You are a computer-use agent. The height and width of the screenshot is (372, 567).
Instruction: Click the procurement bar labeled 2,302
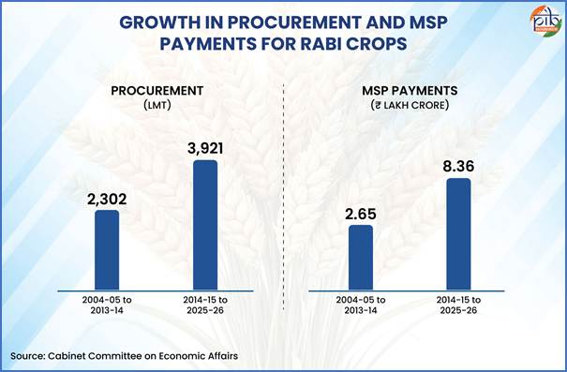(107, 250)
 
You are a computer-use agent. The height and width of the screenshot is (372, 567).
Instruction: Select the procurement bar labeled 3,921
(205, 225)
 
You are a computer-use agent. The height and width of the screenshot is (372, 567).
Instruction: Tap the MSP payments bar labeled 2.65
(361, 258)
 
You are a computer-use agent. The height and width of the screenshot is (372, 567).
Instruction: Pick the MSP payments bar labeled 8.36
(459, 234)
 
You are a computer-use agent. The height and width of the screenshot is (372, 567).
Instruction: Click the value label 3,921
(205, 149)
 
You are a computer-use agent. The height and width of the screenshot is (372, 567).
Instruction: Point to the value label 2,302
(107, 200)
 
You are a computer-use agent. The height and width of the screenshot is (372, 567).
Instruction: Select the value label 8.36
(459, 167)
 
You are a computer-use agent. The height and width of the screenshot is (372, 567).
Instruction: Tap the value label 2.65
(361, 214)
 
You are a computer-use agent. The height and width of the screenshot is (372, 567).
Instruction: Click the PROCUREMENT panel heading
(157, 91)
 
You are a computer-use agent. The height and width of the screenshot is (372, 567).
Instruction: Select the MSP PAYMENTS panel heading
(410, 91)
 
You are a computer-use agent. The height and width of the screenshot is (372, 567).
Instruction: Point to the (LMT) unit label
(157, 106)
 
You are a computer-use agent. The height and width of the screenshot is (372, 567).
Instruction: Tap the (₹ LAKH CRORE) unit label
(410, 106)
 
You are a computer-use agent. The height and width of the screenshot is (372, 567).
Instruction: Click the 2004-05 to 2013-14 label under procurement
(107, 305)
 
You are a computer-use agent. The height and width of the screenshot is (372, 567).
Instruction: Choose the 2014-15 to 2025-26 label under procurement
(205, 305)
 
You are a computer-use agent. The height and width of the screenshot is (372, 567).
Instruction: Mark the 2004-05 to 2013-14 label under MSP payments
(361, 305)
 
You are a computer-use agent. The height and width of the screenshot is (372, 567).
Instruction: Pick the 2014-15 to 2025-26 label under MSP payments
(458, 305)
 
